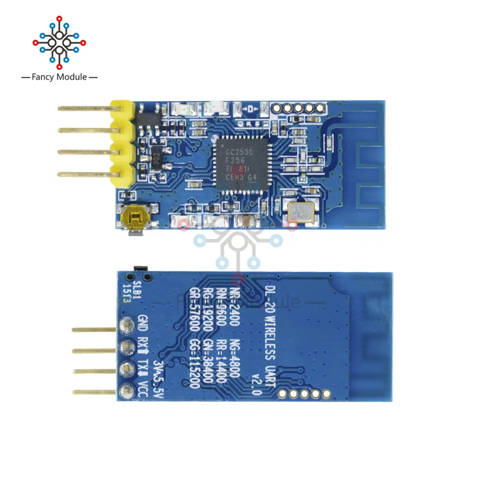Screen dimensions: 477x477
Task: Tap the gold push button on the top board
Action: pyautogui.click(x=134, y=219)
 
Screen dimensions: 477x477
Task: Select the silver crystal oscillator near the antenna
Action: pyautogui.click(x=300, y=210)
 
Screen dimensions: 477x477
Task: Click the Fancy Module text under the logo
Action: pyautogui.click(x=59, y=77)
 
